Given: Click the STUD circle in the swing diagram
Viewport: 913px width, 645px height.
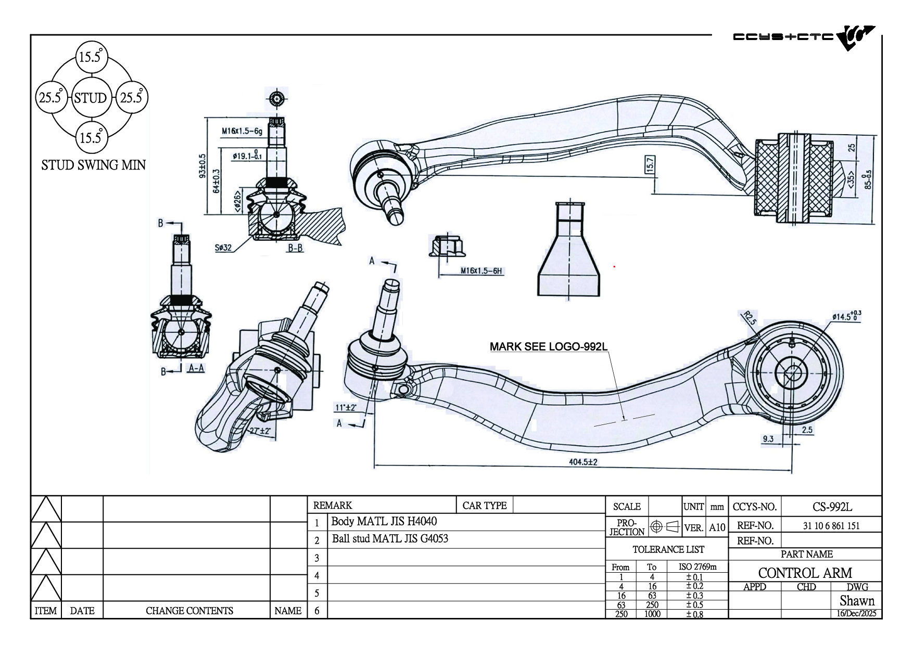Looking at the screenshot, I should [90, 98].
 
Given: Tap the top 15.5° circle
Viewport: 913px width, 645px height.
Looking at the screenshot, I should [91, 57].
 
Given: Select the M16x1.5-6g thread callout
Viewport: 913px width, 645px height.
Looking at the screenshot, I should [242, 131].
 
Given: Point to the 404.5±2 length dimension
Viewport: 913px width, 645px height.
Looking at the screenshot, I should [583, 461].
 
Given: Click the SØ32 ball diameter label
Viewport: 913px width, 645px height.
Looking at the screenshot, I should [223, 248].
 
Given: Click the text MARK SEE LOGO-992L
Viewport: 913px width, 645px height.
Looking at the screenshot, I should [549, 347].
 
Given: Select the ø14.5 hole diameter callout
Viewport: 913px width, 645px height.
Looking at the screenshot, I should [846, 316].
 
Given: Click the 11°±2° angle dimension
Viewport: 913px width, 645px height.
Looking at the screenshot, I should [346, 407].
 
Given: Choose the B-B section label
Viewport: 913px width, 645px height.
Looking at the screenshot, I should [295, 248].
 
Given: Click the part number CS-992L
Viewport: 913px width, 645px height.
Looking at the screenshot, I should [832, 507].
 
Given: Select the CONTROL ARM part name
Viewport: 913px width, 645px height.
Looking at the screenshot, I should [805, 573].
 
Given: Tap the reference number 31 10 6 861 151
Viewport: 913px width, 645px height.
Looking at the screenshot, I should [831, 525].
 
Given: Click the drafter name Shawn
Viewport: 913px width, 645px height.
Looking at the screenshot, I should [857, 601].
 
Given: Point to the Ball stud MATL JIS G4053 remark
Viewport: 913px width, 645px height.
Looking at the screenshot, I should [390, 539].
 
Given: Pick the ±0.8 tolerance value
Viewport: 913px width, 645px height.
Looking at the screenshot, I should [694, 614].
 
